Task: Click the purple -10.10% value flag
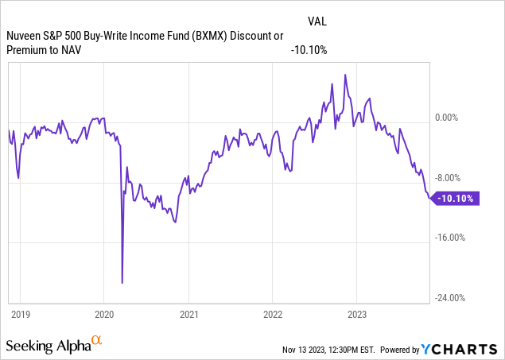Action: click(x=459, y=199)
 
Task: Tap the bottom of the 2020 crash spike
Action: click(x=122, y=282)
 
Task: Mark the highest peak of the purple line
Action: click(x=345, y=75)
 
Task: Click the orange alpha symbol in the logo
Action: click(x=97, y=340)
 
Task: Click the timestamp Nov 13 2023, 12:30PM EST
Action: click(x=328, y=350)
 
